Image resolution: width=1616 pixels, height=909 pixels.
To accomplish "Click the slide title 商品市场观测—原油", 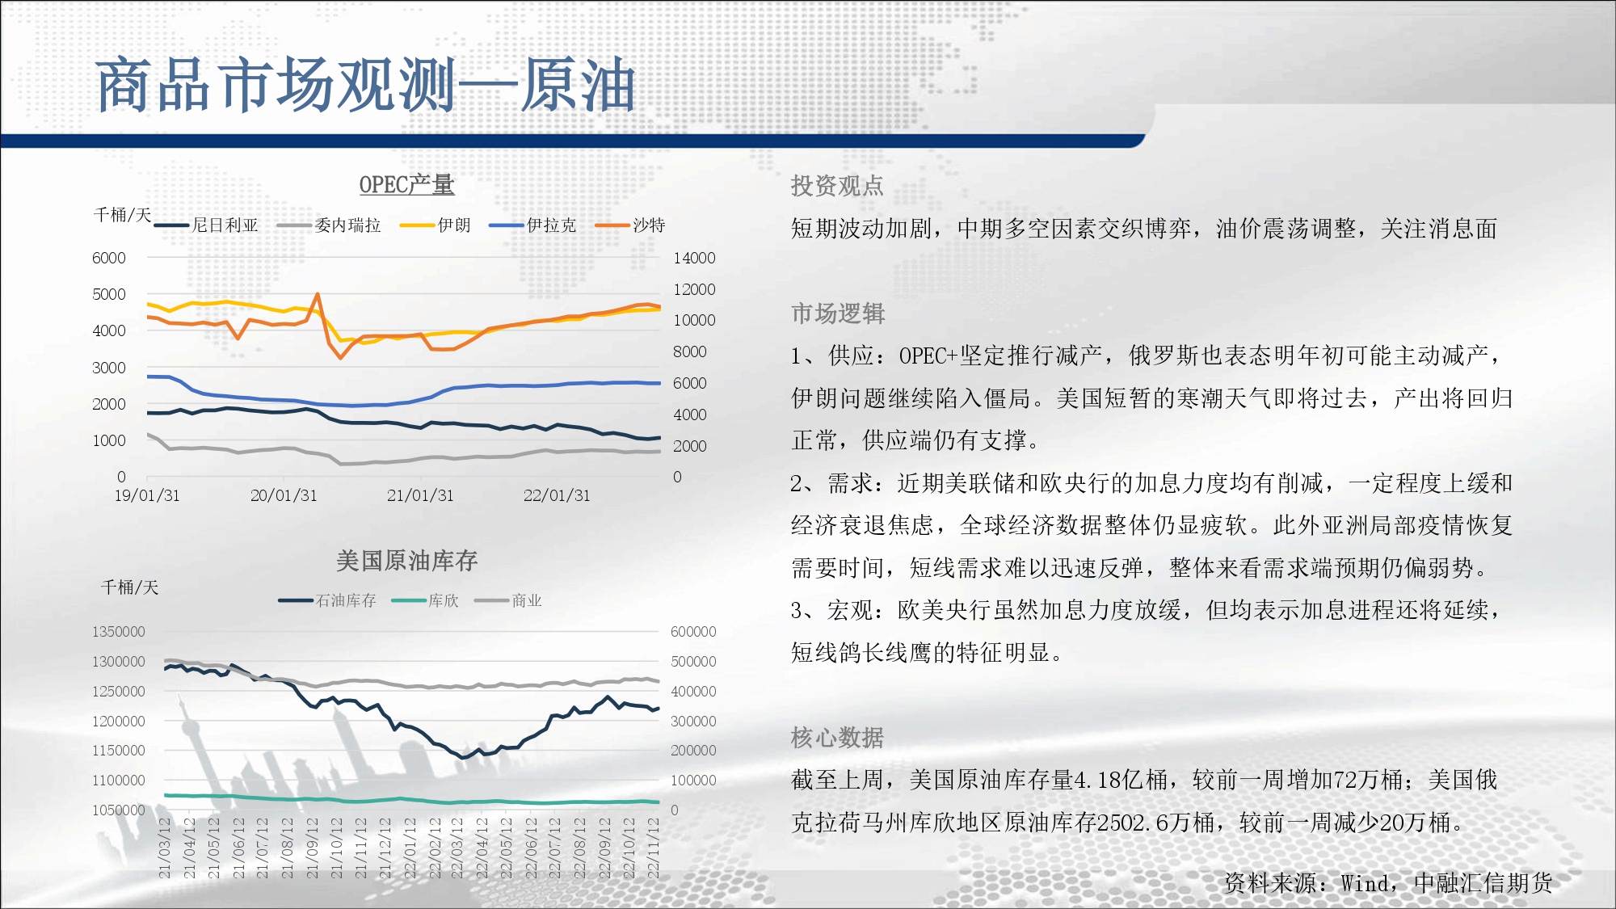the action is click(x=365, y=85).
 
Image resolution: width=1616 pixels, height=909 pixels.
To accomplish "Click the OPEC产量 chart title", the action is click(x=406, y=185).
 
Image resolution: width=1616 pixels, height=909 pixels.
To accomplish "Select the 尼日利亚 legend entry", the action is click(x=206, y=225).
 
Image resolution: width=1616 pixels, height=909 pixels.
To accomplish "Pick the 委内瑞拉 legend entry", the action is click(x=329, y=225).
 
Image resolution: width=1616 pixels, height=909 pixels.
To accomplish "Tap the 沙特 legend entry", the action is click(x=630, y=225).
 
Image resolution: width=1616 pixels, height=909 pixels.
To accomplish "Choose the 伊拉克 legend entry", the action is click(x=533, y=225).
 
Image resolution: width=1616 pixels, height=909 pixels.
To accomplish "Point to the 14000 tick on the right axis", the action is click(x=694, y=258).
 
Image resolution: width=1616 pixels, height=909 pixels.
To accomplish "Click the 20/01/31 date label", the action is click(x=284, y=495).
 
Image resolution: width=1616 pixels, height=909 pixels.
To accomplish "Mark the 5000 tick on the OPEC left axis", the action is click(x=109, y=294).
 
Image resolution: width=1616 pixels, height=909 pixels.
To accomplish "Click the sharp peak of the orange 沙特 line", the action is click(x=318, y=294).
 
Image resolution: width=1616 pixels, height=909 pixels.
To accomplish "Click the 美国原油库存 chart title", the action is click(x=406, y=561).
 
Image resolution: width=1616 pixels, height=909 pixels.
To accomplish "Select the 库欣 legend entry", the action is click(x=425, y=600).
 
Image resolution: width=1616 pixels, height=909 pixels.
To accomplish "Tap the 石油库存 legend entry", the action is click(x=327, y=600).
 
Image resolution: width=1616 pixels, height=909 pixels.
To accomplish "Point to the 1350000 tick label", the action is click(x=119, y=632).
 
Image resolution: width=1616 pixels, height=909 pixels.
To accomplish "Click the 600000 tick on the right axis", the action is click(x=693, y=632).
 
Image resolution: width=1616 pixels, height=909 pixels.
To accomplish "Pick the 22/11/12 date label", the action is click(x=654, y=848).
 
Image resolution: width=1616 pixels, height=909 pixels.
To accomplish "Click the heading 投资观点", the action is click(x=837, y=186).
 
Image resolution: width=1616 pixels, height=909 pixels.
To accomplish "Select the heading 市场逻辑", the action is click(x=838, y=314).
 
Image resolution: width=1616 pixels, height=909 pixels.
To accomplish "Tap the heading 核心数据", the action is click(x=837, y=738).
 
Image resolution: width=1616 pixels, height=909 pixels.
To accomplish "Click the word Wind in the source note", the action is click(x=1365, y=883).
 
